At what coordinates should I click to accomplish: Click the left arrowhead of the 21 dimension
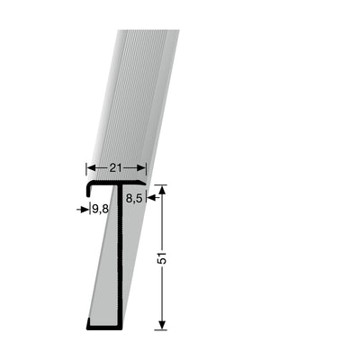click(x=89, y=168)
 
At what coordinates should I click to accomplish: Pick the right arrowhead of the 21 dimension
click(x=143, y=168)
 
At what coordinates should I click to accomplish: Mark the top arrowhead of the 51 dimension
click(x=162, y=189)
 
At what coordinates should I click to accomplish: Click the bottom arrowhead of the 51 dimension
click(x=162, y=326)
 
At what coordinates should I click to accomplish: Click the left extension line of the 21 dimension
click(x=85, y=171)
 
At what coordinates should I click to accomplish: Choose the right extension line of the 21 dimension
click(x=148, y=171)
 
